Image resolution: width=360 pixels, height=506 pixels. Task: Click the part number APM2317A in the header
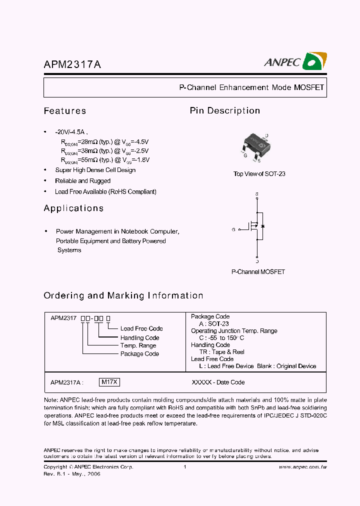coord(72,64)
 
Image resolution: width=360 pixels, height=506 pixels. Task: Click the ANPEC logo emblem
coord(315,61)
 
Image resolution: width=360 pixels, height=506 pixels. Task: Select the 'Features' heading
coord(65,111)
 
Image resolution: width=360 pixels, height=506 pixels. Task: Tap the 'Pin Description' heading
coord(224,111)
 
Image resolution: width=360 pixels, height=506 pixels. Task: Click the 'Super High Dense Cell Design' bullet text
coord(95,170)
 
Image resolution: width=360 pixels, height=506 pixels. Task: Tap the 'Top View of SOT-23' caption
coord(259,174)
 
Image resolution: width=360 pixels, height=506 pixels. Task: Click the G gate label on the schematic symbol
coord(233,229)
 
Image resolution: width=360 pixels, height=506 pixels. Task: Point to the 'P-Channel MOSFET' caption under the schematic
coord(258,272)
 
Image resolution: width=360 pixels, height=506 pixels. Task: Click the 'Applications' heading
coord(73,208)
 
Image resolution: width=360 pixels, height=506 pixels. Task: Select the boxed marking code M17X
coord(109,382)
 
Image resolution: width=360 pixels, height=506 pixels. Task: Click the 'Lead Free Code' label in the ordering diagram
coord(141,328)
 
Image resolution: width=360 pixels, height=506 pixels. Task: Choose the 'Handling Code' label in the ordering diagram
coord(139,337)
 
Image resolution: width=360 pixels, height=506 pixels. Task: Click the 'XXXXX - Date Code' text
coord(218,382)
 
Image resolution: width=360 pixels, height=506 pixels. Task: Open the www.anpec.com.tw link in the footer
coord(302,467)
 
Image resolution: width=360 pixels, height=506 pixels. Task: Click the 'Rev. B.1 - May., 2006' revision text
coord(72,473)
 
